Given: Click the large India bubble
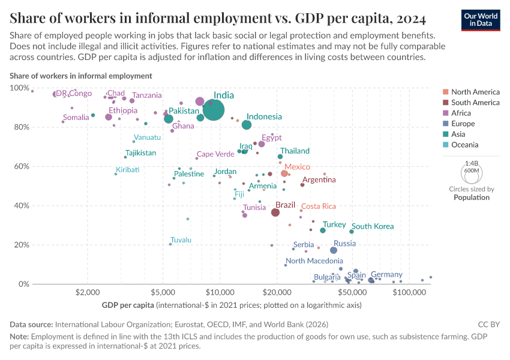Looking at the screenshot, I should tap(214, 110).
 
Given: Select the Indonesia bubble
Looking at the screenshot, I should tap(247, 125).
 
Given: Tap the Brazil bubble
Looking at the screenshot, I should tap(275, 212).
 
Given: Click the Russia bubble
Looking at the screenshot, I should tap(334, 250).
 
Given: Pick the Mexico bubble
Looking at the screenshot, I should tap(284, 173).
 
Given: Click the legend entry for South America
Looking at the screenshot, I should tap(475, 103).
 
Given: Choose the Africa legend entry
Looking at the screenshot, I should tap(461, 113).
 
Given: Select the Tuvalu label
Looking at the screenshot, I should tap(181, 240).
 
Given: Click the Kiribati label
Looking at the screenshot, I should tap(127, 170).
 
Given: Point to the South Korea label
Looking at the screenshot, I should tap(373, 226).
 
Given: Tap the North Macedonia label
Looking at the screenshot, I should tap(314, 261).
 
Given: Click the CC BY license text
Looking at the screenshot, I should tap(488, 324).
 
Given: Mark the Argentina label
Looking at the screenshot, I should tap(319, 179).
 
